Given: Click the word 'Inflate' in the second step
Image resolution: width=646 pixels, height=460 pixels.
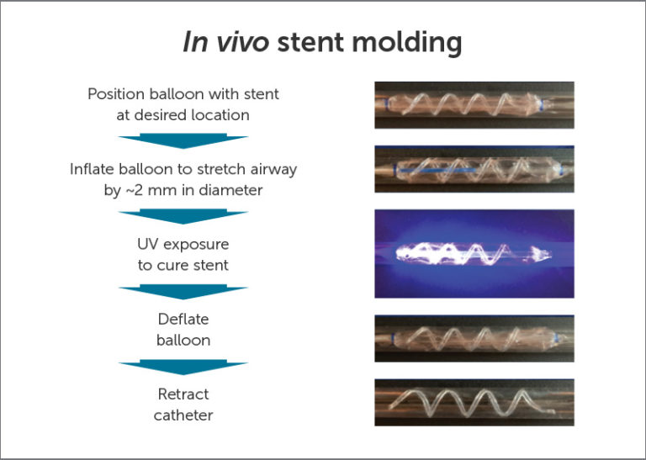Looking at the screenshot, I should tap(93, 169).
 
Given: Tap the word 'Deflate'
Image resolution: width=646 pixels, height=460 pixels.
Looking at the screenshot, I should tap(183, 320).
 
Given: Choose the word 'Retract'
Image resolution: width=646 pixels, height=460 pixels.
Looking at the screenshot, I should tap(183, 394).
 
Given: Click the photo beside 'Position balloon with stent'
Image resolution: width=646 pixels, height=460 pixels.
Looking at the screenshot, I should tap(474, 105).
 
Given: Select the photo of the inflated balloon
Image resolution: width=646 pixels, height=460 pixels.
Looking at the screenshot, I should tap(474, 170).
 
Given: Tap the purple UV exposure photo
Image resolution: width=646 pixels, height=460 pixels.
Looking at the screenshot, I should tap(474, 254).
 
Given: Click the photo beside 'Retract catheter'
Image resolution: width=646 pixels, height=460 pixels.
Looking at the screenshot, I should tap(474, 402).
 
